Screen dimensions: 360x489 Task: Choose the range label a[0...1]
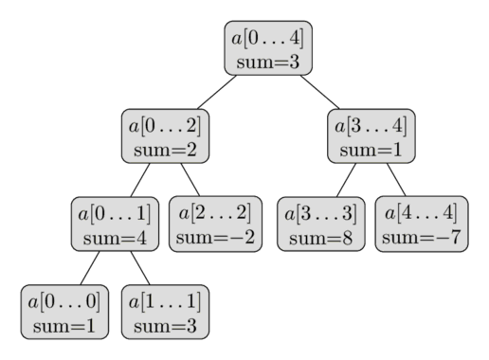[x=114, y=213]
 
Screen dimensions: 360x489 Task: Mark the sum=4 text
[x=114, y=237]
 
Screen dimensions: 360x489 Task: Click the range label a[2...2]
[x=215, y=212]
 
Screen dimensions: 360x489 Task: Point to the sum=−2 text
[x=215, y=237]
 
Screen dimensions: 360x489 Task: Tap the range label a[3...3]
[x=320, y=213]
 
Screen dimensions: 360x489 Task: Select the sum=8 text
[x=320, y=238]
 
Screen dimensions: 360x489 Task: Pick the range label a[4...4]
[x=421, y=212]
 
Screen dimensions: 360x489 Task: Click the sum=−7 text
[x=421, y=237]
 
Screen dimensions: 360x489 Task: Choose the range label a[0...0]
[x=64, y=302]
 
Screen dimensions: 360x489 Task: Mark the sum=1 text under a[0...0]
[x=64, y=326]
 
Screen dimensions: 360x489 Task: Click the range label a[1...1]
[x=165, y=302]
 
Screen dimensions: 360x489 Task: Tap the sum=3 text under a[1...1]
[x=165, y=326]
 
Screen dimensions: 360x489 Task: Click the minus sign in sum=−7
[x=442, y=238]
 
